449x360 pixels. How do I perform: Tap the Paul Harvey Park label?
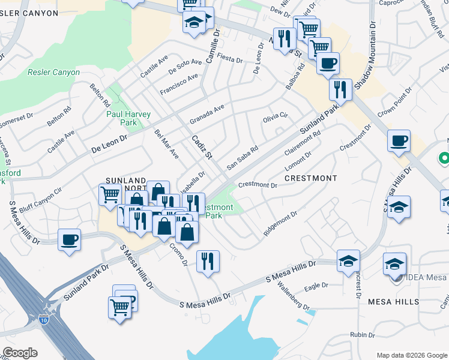pos(128,118)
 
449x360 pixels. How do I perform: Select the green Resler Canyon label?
pos(53,73)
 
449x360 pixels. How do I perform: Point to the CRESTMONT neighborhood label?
pos(311,178)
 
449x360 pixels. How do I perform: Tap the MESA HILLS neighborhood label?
pos(393,302)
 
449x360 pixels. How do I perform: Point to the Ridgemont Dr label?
pos(280,223)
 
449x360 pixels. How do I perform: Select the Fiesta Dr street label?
pos(231,60)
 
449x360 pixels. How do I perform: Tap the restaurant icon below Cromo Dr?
pos(208,260)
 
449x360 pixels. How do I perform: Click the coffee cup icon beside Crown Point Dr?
pos(399,142)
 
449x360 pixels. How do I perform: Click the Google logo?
pos(20,353)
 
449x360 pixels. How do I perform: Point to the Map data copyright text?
pos(412,355)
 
